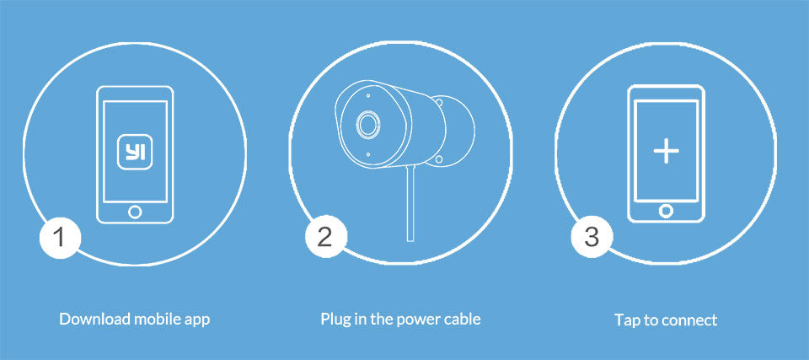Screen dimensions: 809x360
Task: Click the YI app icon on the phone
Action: (135, 152)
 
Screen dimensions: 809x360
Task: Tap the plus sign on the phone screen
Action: (666, 151)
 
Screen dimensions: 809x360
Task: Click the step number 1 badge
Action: (61, 238)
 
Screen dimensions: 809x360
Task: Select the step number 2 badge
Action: (325, 237)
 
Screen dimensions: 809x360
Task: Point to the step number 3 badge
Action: (592, 237)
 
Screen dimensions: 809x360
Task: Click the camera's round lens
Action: (368, 125)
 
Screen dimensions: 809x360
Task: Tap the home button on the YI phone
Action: (135, 212)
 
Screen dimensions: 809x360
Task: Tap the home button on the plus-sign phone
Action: (666, 211)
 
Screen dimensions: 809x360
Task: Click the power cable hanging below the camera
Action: (410, 203)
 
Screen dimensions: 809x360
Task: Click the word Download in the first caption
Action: (94, 319)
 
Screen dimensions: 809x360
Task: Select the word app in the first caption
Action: (197, 320)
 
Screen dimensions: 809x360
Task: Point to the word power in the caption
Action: (416, 320)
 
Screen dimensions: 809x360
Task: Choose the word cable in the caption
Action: (460, 319)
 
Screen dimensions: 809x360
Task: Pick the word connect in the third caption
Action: (688, 320)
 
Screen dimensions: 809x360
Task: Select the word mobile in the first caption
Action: (157, 319)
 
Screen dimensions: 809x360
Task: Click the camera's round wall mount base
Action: (455, 131)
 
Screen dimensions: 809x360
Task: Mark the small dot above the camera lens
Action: (367, 95)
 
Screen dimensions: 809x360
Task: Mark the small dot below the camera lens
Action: (367, 154)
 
